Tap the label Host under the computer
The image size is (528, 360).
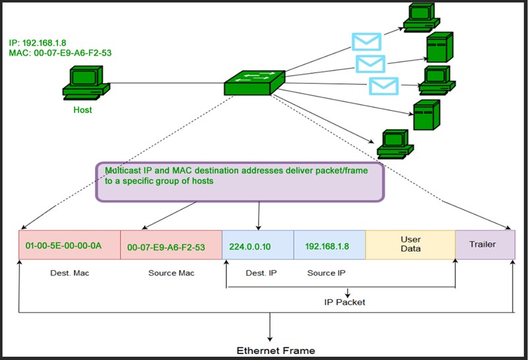[x=82, y=110]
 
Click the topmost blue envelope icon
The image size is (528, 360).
[x=367, y=42]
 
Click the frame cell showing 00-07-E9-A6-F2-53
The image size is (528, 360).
[x=171, y=245]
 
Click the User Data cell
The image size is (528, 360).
[x=411, y=244]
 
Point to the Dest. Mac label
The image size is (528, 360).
[x=69, y=273]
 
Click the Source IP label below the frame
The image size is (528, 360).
[x=326, y=273]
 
